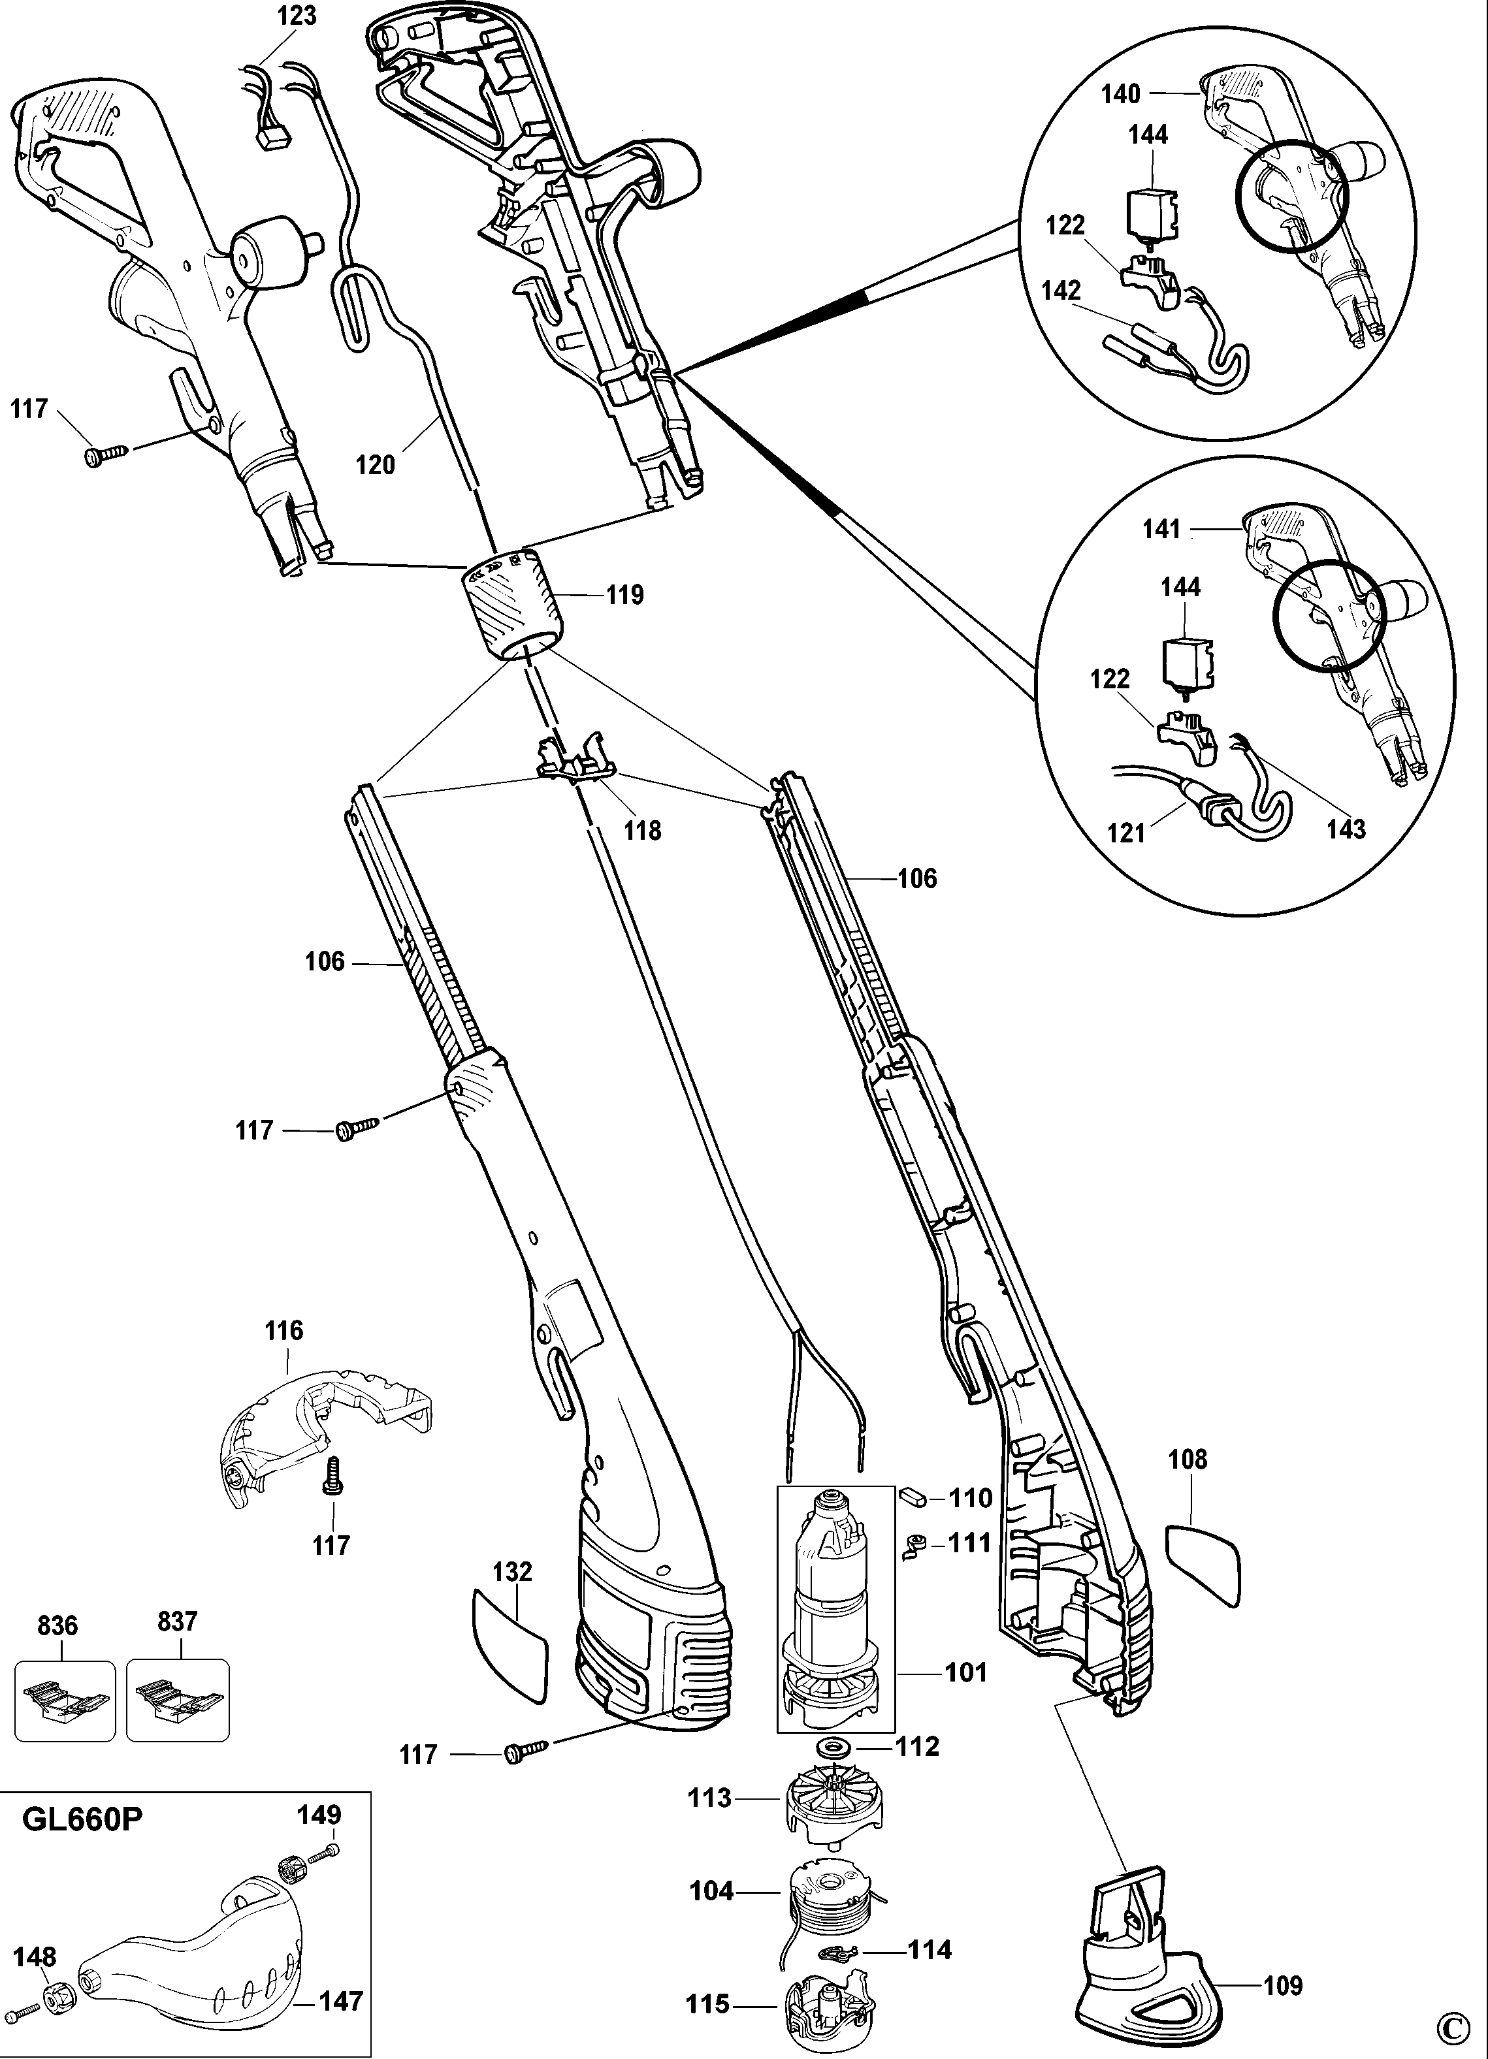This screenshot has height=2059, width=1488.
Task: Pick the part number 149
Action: coord(319,1815)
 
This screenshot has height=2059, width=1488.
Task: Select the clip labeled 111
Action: coord(915,1543)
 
